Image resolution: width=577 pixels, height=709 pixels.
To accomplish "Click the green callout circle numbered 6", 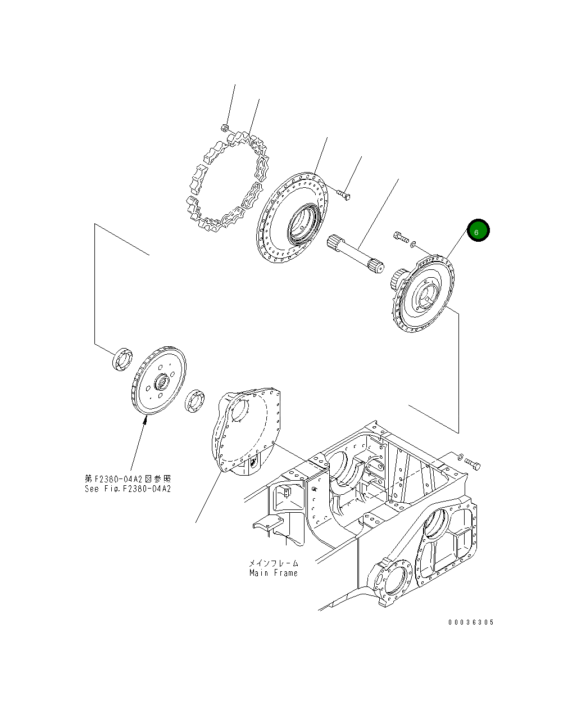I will pos(478,231).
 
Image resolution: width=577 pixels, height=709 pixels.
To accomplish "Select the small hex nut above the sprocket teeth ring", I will pos(224,127).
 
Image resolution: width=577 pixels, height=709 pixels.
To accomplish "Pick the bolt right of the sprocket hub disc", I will pos(344,194).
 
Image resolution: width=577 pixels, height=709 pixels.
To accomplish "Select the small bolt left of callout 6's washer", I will pos(401,238).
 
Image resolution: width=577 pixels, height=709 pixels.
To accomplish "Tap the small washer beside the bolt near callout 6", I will pos(414,244).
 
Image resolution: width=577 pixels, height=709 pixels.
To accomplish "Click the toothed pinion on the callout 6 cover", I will pos(397,278).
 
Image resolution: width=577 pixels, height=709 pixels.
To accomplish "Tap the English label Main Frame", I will pos(274,573).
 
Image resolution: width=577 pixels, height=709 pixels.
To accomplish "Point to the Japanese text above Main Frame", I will pos(274,563).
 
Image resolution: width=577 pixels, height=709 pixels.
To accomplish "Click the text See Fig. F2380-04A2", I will pos(128,489).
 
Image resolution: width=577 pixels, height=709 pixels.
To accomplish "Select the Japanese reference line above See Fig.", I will pos(128,478).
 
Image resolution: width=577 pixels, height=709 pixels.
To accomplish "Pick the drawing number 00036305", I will pos(471,622).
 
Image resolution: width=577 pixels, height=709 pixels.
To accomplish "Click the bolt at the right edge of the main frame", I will pos(472,463).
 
